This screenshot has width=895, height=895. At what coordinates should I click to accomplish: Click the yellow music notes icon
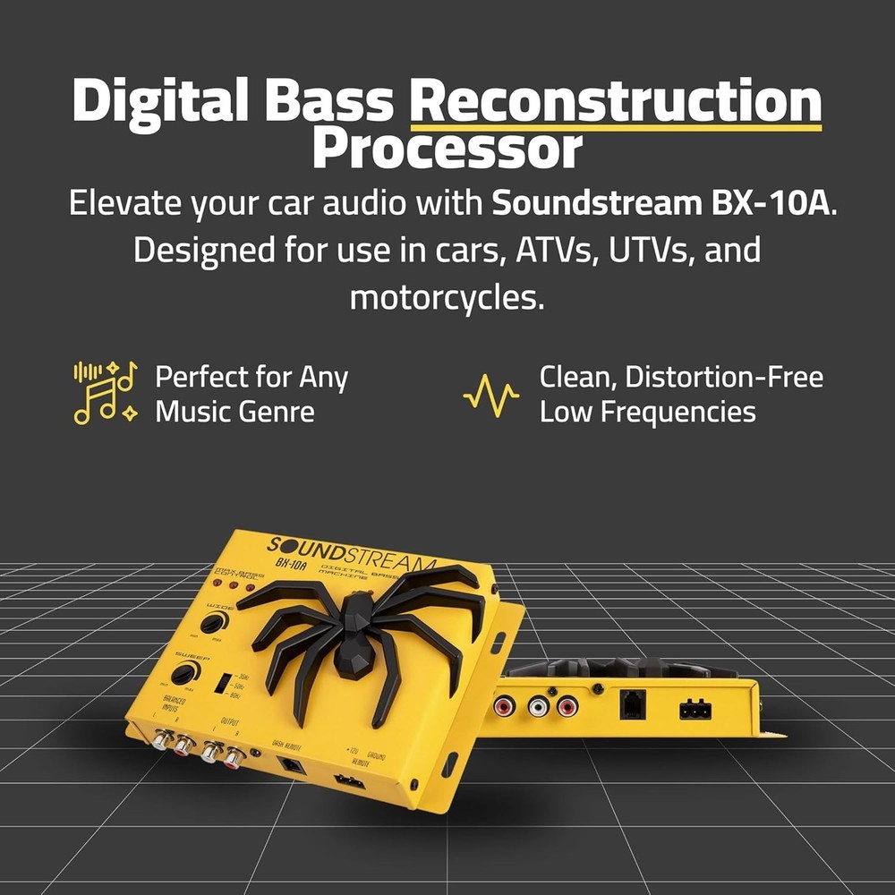(x=105, y=392)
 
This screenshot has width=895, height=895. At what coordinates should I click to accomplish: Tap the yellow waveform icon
(x=490, y=395)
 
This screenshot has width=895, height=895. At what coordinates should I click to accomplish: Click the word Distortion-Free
(x=723, y=377)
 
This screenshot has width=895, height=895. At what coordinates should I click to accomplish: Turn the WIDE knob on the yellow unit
(x=212, y=624)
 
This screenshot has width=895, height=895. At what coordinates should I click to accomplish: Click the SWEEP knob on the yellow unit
(x=183, y=674)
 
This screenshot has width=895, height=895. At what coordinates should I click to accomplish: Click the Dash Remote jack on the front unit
(x=292, y=765)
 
